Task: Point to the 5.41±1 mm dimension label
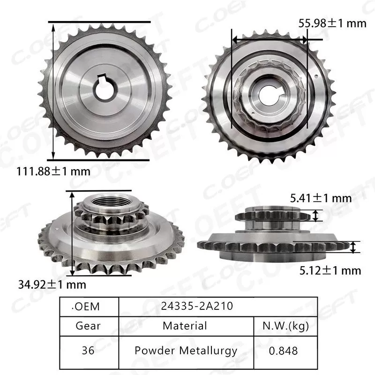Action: pos(321,198)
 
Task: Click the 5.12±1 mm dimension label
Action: pos(331,270)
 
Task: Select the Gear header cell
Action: pos(88,325)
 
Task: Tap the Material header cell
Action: pos(185,325)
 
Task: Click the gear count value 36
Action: pos(88,350)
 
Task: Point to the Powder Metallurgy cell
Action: pos(186,350)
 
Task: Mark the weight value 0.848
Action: pos(284,350)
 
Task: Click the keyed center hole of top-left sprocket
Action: pos(107,89)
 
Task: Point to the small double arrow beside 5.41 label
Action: pos(316,215)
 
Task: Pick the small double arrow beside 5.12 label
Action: pos(353,247)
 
